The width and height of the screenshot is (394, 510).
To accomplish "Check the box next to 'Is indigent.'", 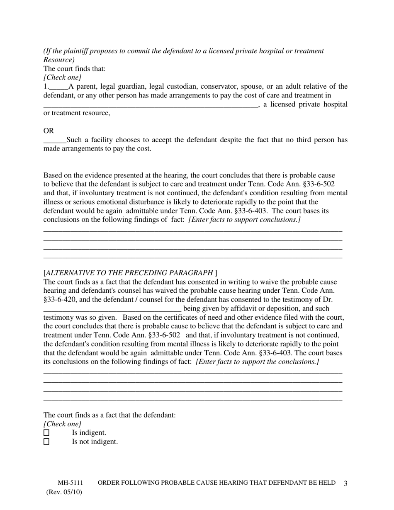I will click(46, 433).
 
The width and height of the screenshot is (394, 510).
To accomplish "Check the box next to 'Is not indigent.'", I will click(46, 442).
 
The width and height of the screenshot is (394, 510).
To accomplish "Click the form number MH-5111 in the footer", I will click(71, 483).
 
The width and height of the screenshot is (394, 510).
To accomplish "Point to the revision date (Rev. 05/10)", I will click(64, 492).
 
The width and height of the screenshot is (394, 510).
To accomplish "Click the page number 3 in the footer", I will click(345, 483).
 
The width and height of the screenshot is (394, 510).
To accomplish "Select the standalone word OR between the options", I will click(49, 131).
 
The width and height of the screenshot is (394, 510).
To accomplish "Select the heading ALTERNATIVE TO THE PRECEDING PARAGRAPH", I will click(130, 273).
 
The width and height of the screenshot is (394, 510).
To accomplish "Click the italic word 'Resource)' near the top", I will click(59, 60).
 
